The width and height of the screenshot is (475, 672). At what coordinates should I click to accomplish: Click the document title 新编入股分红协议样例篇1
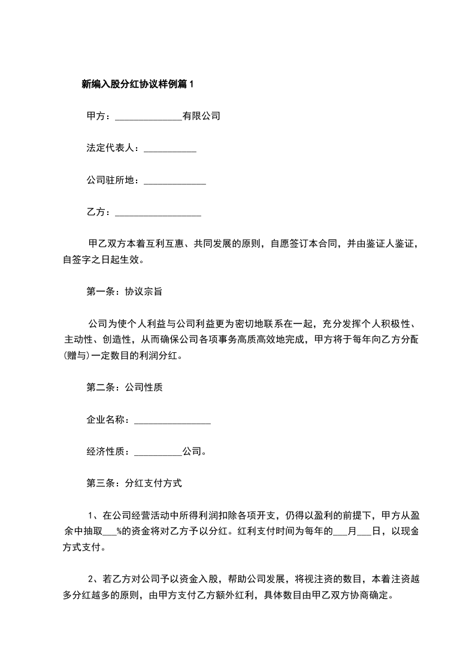(138, 85)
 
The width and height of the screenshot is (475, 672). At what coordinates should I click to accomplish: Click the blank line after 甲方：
(148, 118)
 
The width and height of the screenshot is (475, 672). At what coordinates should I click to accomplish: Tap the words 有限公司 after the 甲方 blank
(201, 116)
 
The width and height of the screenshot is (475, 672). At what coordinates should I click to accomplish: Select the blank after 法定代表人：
(170, 150)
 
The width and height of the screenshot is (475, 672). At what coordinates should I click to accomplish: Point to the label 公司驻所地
(110, 180)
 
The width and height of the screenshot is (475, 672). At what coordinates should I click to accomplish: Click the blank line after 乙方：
(158, 214)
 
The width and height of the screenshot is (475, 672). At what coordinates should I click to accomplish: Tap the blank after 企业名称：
(173, 421)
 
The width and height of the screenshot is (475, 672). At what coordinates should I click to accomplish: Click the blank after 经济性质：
(158, 453)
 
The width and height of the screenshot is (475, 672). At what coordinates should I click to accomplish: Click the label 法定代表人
(110, 148)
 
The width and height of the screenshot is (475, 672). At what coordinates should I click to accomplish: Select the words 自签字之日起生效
(101, 260)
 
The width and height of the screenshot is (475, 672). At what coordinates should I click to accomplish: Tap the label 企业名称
(105, 419)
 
